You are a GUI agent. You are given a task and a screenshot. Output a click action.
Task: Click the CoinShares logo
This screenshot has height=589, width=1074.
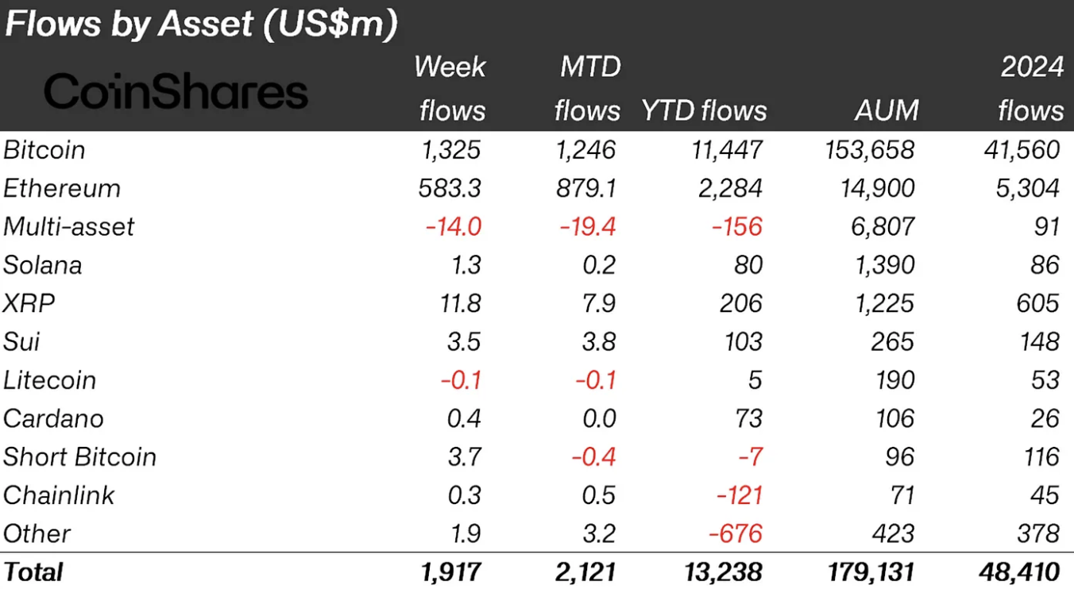(x=176, y=91)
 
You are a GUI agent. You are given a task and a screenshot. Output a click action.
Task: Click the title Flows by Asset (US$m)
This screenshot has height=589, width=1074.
(x=200, y=25)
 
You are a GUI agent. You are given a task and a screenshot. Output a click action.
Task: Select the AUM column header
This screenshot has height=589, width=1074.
(x=886, y=110)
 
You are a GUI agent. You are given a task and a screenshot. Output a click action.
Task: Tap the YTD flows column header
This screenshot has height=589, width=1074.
(x=704, y=110)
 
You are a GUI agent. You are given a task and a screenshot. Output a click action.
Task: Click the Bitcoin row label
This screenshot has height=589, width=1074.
(x=44, y=150)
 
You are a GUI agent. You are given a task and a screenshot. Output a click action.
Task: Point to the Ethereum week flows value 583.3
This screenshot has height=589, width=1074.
(x=449, y=188)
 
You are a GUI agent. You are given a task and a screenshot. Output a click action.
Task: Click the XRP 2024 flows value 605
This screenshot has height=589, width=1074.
(x=1037, y=302)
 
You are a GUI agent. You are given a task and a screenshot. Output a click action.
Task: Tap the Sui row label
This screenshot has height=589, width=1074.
(x=21, y=341)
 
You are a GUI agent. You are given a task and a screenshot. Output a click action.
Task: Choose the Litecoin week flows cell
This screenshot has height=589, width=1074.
(x=461, y=379)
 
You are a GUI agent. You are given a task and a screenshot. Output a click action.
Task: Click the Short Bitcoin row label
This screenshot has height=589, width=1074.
(x=80, y=456)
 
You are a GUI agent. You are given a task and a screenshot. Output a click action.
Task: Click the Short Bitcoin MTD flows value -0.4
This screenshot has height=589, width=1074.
(x=594, y=456)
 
